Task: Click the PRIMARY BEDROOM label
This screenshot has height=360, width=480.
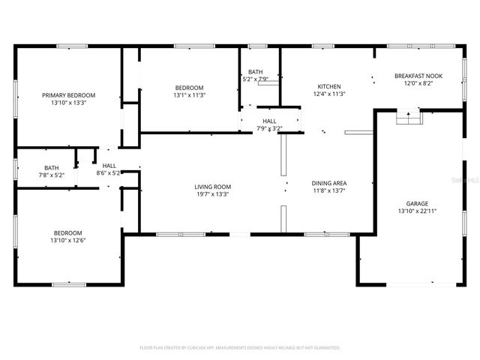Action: click(69, 95)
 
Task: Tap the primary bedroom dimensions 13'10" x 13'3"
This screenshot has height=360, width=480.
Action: click(69, 103)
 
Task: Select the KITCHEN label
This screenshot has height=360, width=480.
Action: click(328, 86)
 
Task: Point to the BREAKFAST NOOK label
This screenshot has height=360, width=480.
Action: click(418, 76)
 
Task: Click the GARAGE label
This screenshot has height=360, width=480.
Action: click(417, 203)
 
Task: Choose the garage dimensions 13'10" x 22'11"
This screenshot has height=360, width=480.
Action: click(417, 211)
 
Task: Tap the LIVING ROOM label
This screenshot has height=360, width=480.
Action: click(213, 187)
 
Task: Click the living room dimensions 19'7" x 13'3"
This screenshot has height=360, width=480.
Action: click(213, 194)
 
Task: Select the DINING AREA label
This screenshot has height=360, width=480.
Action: click(328, 183)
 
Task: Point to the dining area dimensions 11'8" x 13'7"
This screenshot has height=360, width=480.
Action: click(328, 190)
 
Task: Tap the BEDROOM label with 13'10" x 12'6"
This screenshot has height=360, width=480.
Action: click(67, 232)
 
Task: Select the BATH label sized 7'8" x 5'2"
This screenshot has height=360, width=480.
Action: click(51, 168)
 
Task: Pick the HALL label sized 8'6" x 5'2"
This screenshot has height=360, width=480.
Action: click(109, 166)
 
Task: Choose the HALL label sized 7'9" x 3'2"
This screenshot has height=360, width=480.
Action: click(269, 121)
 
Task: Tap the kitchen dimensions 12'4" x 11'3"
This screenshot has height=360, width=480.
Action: click(328, 94)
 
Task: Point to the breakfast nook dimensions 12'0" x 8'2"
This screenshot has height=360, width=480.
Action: click(418, 83)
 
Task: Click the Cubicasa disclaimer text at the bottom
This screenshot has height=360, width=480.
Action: click(240, 348)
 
